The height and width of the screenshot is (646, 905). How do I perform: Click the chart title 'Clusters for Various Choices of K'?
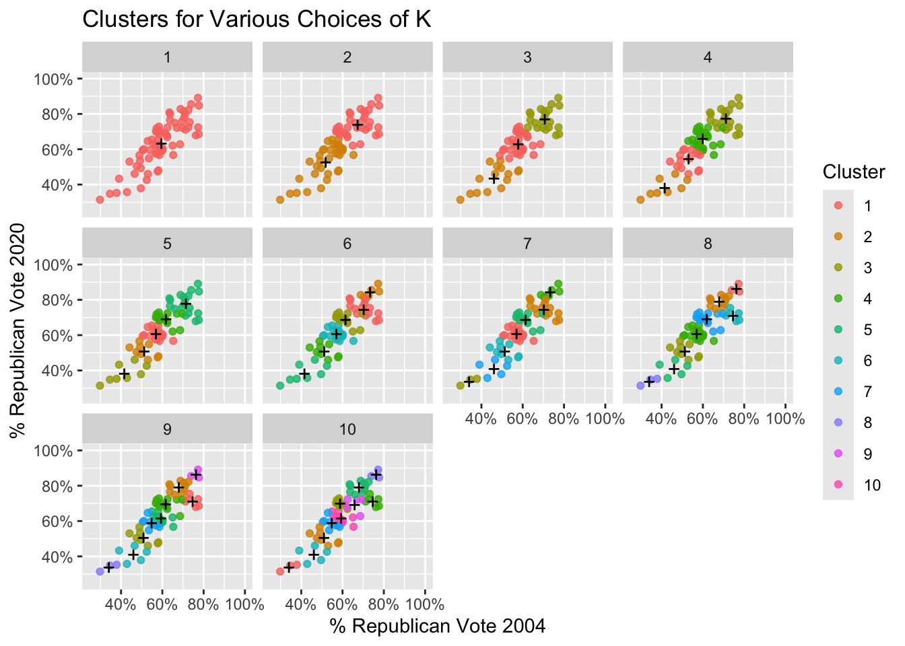coord(257,19)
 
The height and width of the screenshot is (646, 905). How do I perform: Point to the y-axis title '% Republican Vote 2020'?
coord(18,330)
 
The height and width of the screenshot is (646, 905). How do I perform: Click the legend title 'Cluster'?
coord(854,172)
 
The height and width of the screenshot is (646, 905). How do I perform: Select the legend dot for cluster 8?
coord(838,423)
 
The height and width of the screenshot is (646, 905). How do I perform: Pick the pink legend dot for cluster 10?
coord(838,485)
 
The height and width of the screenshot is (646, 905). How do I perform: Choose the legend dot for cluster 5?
coord(838,330)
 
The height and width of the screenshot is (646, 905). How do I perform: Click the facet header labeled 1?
coord(167,57)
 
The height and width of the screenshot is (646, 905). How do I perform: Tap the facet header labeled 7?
coord(527,243)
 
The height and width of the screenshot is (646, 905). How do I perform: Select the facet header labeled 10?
coord(347,429)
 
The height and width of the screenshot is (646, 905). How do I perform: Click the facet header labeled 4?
coord(708,57)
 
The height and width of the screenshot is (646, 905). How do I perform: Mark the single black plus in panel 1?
coord(161,144)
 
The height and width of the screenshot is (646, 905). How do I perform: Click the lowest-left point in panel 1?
coord(100,199)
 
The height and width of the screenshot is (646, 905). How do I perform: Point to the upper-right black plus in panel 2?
coord(357,124)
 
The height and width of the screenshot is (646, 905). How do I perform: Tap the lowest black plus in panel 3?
coord(494,178)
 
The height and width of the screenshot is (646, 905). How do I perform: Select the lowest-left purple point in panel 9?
coord(100,571)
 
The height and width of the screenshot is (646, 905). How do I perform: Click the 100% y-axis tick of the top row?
coord(53,79)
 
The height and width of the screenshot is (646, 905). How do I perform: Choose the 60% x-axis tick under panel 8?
coord(702,419)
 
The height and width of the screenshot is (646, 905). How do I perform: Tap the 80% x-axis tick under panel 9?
coord(203,604)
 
